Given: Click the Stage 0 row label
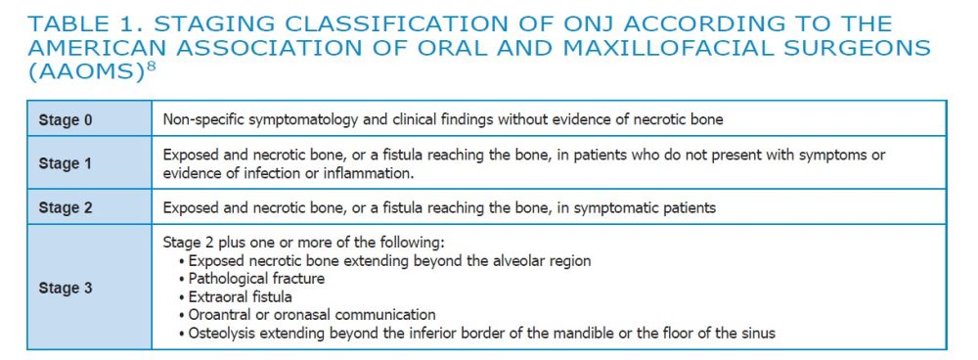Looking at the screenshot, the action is (x=65, y=119).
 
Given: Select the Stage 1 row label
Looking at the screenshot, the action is (x=65, y=164).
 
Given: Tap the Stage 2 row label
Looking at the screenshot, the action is (x=65, y=207).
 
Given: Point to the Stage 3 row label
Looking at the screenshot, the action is (x=65, y=289).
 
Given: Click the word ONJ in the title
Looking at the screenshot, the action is (x=595, y=24).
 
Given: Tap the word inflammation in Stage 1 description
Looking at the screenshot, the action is (x=368, y=173).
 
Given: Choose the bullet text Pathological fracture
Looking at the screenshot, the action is (x=256, y=278).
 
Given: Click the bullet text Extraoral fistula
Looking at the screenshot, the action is (x=241, y=296).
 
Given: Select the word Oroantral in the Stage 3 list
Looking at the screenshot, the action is (x=219, y=314).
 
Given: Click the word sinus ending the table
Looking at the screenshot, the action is (x=757, y=334).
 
